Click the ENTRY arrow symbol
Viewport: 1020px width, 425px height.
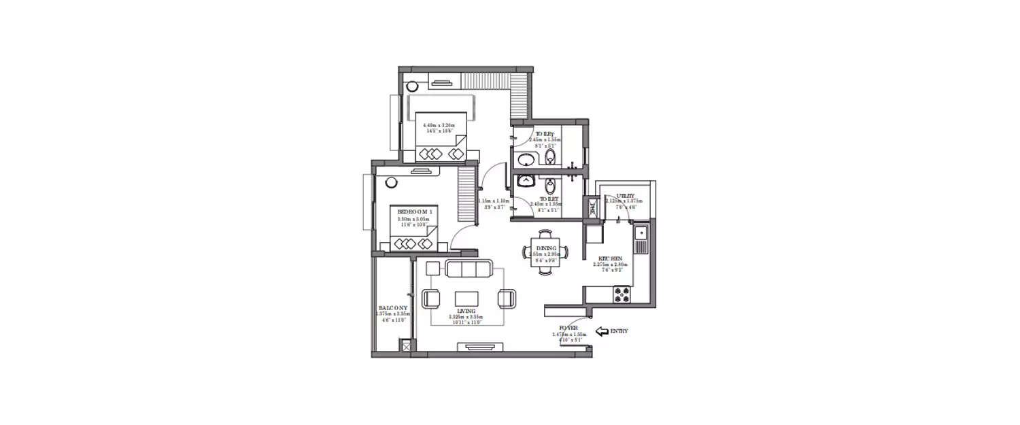click(x=602, y=332)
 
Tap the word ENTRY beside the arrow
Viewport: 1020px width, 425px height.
click(x=619, y=332)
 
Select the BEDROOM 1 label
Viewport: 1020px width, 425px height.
click(x=415, y=212)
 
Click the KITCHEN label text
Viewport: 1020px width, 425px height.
click(x=610, y=259)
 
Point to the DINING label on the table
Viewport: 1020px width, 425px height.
click(x=546, y=249)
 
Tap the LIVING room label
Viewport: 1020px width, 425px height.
click(x=466, y=311)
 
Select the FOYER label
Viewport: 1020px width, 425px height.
click(x=568, y=328)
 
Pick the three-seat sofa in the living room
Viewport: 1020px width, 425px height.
click(x=469, y=269)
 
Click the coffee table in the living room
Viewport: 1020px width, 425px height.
click(x=466, y=299)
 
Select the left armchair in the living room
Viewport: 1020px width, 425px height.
click(x=432, y=299)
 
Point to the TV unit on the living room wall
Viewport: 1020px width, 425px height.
click(x=485, y=347)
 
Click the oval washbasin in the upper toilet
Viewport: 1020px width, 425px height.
click(x=526, y=161)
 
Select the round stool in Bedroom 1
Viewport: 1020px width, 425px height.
click(x=392, y=183)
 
